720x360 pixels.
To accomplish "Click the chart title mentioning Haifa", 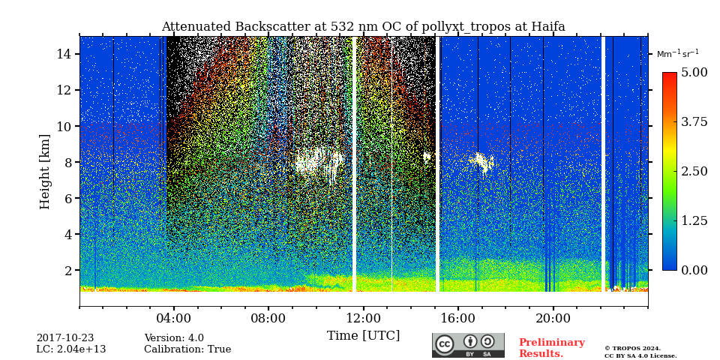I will [x=363, y=27].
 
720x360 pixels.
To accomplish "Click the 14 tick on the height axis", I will [x=63, y=54].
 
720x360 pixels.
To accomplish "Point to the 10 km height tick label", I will [x=63, y=126].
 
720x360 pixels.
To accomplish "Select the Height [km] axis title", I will [x=45, y=171].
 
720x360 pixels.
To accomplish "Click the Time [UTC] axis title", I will [x=363, y=335].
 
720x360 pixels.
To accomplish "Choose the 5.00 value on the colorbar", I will [x=694, y=72].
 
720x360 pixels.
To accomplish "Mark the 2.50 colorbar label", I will [x=694, y=171].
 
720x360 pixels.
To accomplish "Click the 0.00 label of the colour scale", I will [x=694, y=270].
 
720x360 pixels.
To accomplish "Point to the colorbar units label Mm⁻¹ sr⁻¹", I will [x=677, y=54].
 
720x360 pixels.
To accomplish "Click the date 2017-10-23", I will [x=65, y=338].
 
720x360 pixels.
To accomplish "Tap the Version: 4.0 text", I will [x=174, y=338].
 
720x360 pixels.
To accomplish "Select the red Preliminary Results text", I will [x=551, y=348].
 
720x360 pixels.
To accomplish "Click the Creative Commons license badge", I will [x=468, y=345].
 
